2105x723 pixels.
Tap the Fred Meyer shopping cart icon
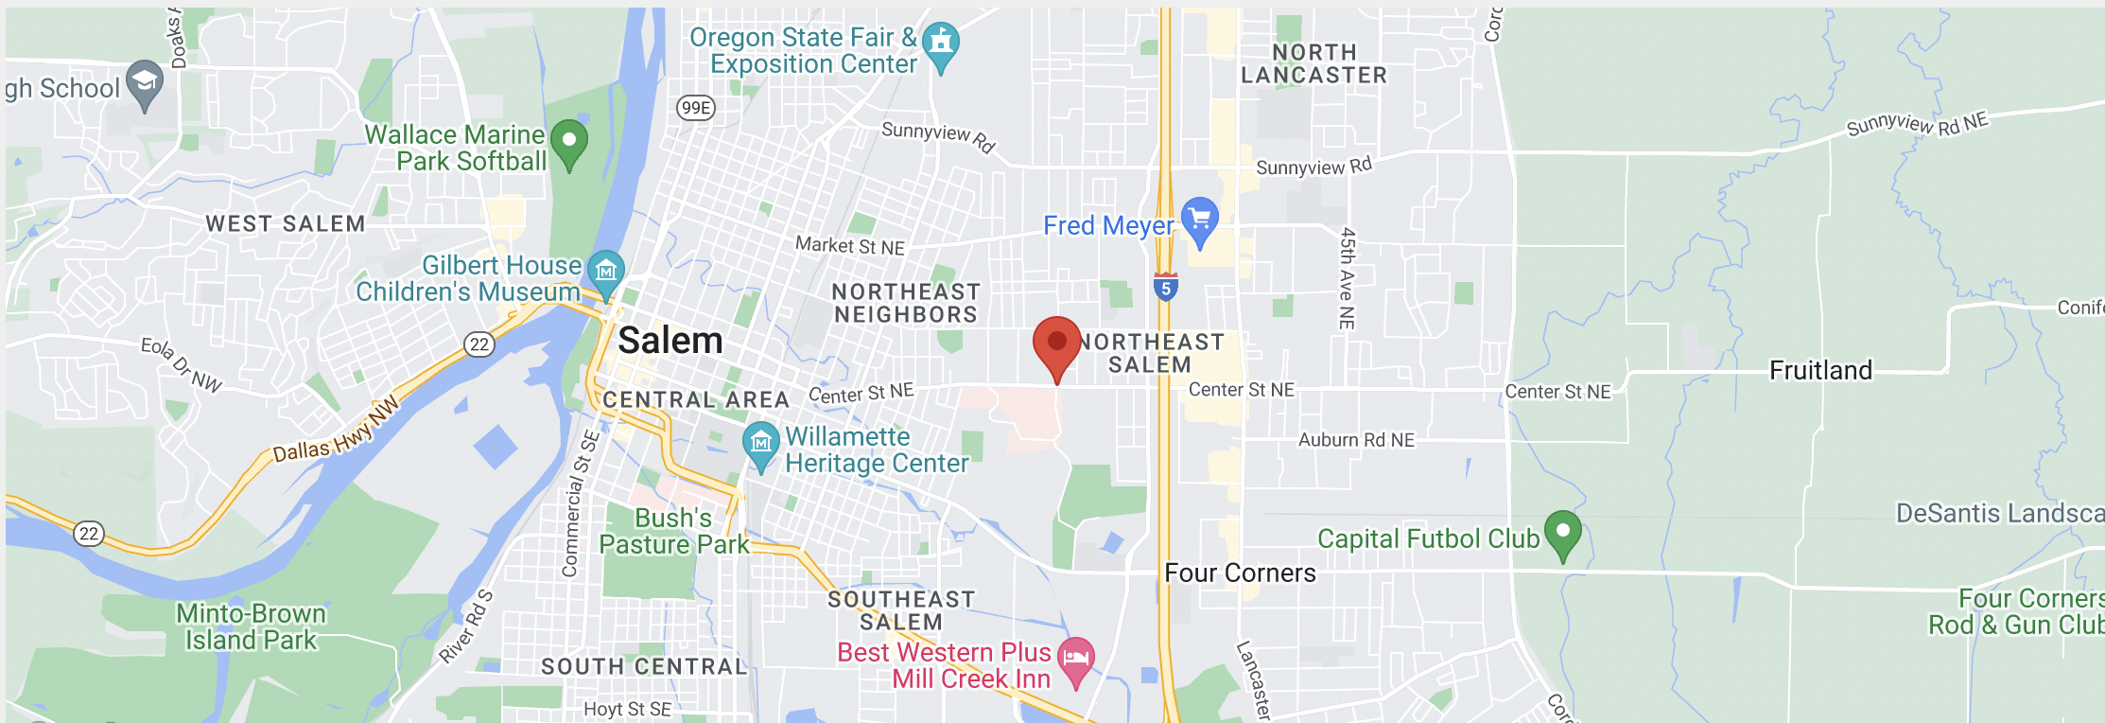(1200, 220)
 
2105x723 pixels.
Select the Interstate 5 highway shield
(1165, 288)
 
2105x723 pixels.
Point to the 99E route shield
(696, 108)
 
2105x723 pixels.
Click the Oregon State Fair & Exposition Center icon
(940, 43)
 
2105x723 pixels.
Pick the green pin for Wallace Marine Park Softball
(569, 142)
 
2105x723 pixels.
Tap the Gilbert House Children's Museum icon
(606, 271)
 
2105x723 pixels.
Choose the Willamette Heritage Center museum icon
(761, 443)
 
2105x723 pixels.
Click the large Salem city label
(670, 341)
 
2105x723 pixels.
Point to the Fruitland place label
(1820, 370)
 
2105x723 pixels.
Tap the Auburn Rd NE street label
(1356, 440)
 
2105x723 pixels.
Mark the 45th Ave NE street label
(1348, 278)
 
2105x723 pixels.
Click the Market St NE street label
(850, 246)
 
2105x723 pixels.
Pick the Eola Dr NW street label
(182, 364)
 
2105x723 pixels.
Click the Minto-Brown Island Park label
(251, 626)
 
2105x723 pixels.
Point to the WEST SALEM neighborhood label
(286, 224)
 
